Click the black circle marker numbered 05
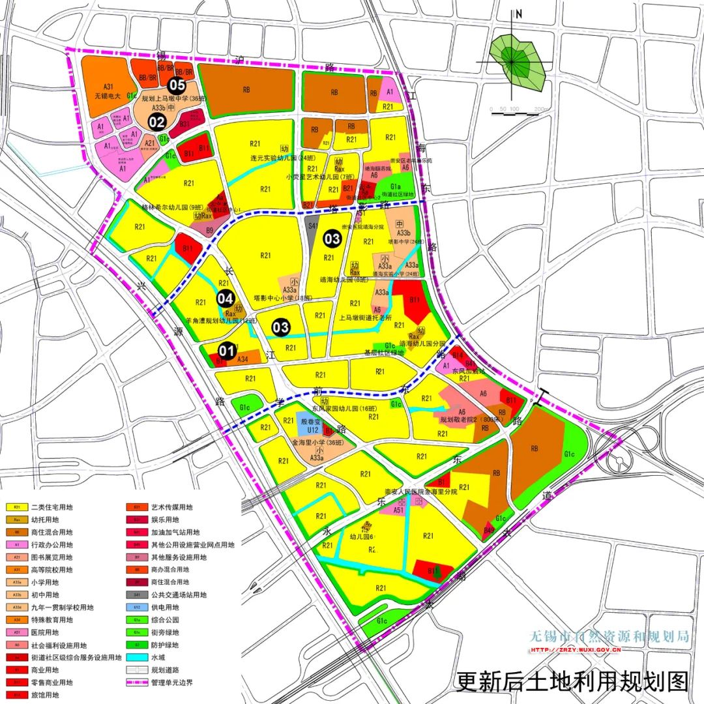(177, 85)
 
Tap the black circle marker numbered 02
(157, 121)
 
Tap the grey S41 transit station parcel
(312, 226)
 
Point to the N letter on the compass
(519, 14)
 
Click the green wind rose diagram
(518, 63)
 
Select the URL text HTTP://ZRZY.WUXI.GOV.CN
(576, 650)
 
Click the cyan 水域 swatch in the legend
(134, 657)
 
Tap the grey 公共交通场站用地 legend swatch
(134, 595)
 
